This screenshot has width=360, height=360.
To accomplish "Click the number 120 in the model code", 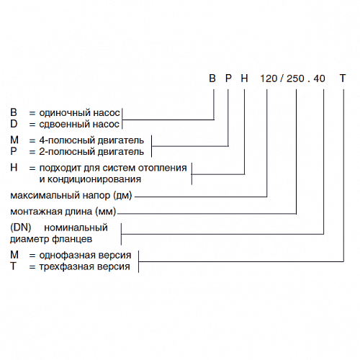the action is (x=269, y=78).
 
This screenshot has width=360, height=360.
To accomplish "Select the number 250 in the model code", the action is (x=295, y=78).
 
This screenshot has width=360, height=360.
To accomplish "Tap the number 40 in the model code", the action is (x=319, y=78).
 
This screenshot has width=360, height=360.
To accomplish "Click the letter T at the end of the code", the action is (x=343, y=78).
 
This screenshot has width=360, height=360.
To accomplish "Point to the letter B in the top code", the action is (x=212, y=78).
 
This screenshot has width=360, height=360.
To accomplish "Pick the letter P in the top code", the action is (x=228, y=78).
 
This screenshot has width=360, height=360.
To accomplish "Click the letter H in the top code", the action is (x=244, y=78).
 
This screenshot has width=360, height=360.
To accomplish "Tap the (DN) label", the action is (x=21, y=228).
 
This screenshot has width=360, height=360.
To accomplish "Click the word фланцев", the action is (x=72, y=239).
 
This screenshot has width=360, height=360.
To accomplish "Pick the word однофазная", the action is (x=66, y=255).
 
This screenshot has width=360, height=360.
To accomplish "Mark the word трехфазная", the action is (x=67, y=266).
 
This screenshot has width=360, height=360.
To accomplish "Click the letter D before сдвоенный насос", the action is (x=14, y=124).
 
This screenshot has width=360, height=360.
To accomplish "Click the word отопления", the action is (x=163, y=168).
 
